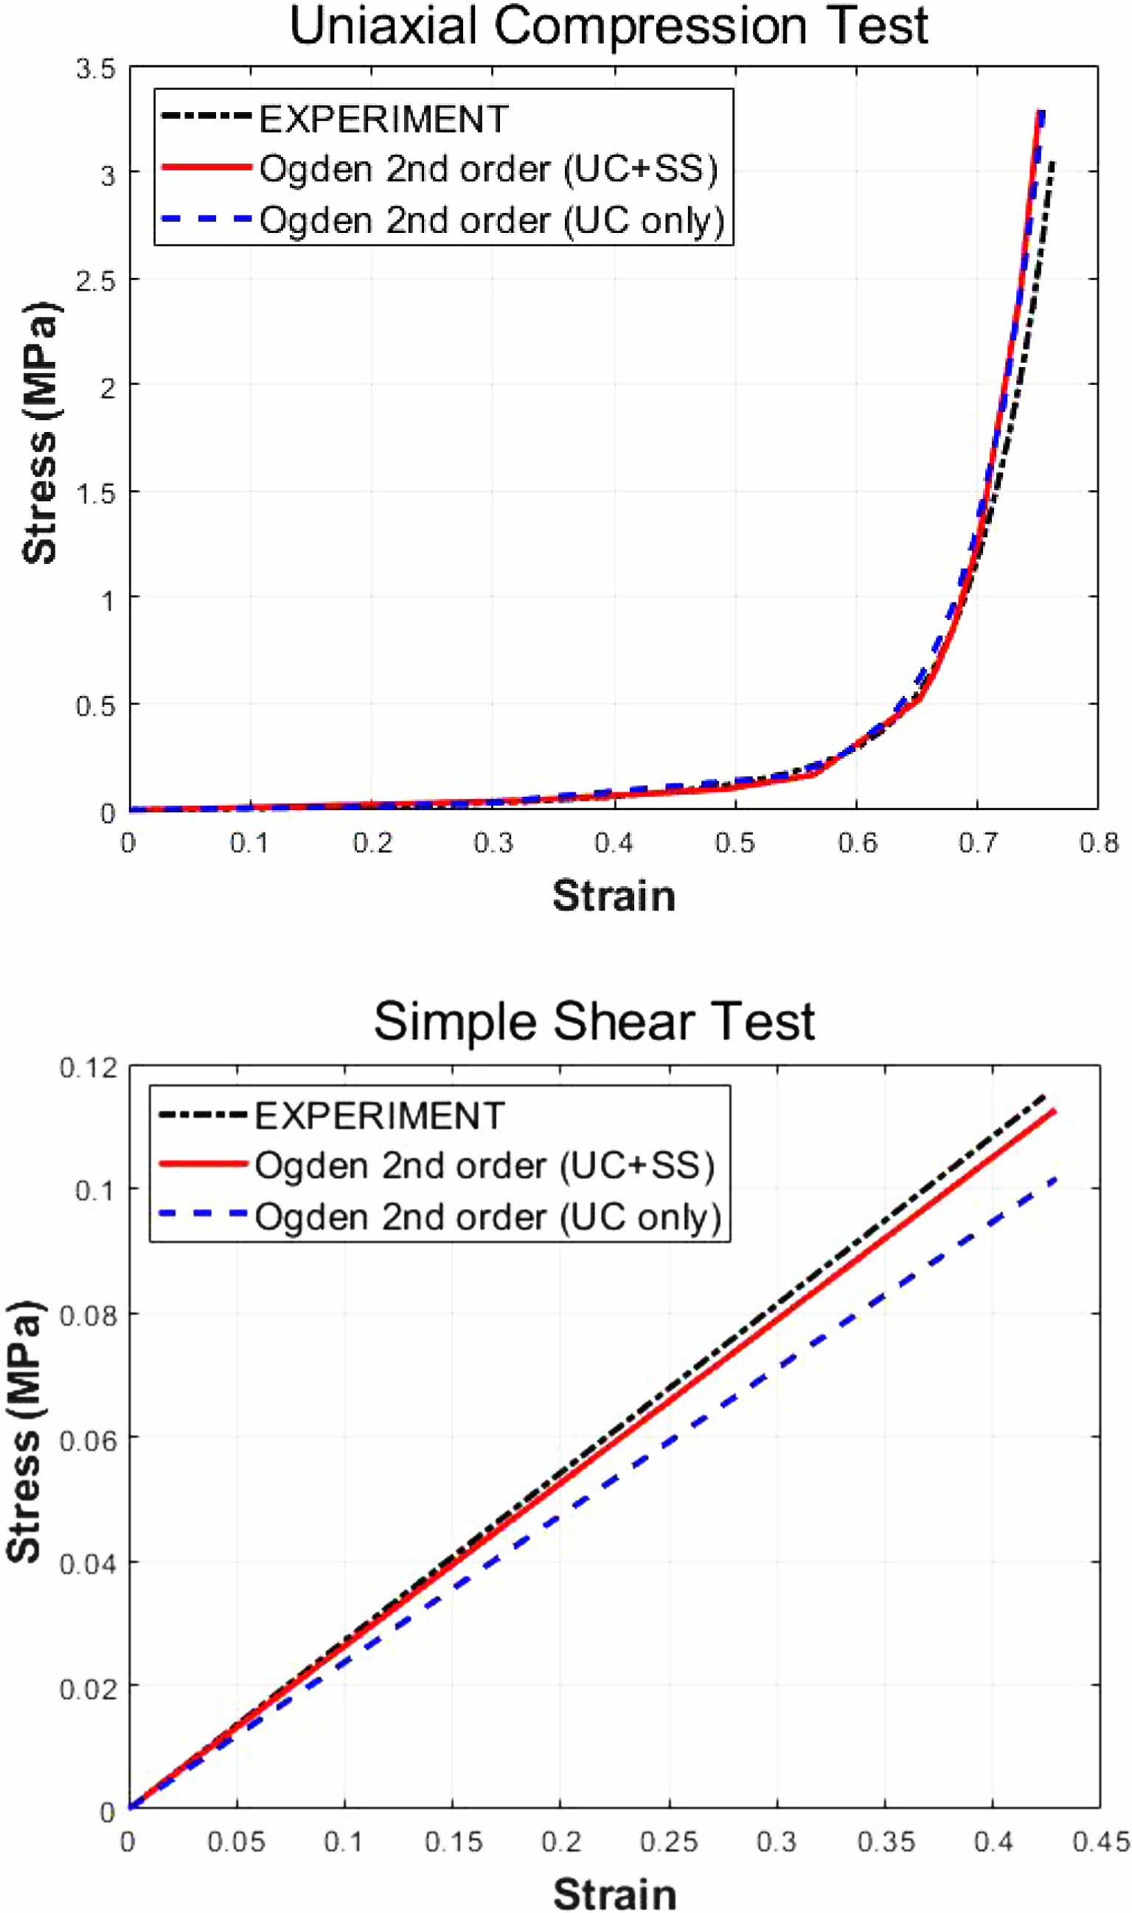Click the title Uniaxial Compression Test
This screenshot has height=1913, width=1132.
tap(608, 27)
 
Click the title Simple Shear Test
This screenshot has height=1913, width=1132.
tap(594, 1022)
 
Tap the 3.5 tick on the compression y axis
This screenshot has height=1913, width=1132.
tap(95, 69)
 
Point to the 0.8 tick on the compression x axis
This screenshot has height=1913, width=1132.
tap(1098, 843)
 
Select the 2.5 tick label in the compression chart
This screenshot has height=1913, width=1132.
tap(95, 281)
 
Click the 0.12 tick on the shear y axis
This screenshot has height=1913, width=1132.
tap(88, 1068)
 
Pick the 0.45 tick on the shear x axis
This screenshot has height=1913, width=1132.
tap(1101, 1842)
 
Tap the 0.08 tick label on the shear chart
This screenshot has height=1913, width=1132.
tap(88, 1315)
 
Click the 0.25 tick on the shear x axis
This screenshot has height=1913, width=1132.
tap(668, 1842)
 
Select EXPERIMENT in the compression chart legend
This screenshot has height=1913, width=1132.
tap(383, 119)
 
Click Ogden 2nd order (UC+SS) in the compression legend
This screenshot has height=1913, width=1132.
tap(488, 169)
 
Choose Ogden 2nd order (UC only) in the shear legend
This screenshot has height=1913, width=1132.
tap(487, 1217)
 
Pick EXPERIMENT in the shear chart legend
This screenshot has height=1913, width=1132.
tap(379, 1116)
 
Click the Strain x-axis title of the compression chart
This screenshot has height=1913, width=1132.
tap(614, 896)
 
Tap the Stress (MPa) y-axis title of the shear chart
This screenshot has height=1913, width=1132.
tap(24, 1432)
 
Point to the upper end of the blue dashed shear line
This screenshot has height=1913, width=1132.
tap(1056, 1179)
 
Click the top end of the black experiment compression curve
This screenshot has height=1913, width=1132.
tap(1052, 161)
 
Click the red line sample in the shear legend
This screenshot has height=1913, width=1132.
tap(203, 1164)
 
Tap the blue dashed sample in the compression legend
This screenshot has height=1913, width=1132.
tap(206, 220)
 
